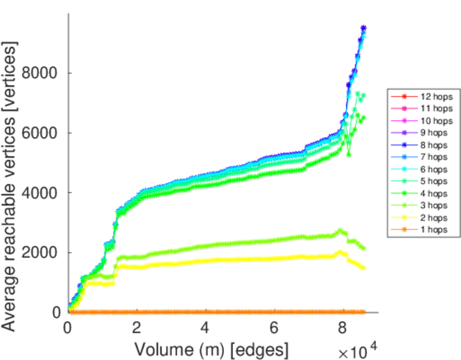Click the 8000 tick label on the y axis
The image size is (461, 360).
coord(41,73)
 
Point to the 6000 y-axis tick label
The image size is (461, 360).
coord(41,133)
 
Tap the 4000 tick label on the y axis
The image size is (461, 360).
coord(41,193)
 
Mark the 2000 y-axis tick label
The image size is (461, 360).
coord(41,253)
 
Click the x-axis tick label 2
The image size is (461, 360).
coord(137,328)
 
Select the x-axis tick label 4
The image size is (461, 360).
coord(206,328)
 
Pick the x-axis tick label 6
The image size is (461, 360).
coord(274,328)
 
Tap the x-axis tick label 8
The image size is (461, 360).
coord(343,328)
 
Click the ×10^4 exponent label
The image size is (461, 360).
coord(359,351)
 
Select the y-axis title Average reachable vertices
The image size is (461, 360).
coord(10,186)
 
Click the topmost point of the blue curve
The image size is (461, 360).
coord(363,28)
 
